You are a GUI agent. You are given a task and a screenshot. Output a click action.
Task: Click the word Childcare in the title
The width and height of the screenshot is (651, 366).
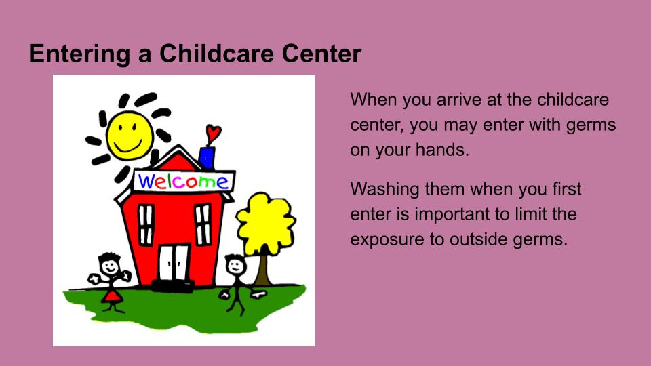click(217, 54)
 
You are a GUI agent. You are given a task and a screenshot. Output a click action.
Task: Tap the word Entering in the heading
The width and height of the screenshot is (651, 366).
click(79, 54)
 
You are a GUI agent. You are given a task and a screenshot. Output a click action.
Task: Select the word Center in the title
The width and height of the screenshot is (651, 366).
click(321, 54)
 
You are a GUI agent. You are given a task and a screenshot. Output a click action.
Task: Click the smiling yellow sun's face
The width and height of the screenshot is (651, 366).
click(129, 135)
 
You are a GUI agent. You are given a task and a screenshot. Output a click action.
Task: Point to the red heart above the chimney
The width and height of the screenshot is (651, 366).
click(214, 134)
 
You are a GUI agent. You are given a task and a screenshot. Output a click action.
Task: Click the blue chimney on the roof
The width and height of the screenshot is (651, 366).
click(207, 158)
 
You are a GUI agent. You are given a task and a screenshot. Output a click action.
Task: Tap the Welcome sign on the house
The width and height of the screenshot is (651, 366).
click(184, 182)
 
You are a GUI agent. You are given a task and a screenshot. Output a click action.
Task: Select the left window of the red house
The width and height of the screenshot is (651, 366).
click(145, 224)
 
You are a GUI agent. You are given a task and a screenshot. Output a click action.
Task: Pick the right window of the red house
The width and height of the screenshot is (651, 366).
click(203, 224)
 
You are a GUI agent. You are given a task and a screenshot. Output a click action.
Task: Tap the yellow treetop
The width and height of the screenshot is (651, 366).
click(266, 224)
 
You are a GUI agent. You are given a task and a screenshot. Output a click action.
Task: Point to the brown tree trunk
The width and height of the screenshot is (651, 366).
click(263, 269)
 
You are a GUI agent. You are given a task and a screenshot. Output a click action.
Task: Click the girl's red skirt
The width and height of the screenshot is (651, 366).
click(112, 297)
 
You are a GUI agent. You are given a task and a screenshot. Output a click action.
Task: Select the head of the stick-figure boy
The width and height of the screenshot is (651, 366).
click(235, 265)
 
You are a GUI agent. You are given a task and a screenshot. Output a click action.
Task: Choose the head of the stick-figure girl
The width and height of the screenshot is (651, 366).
click(110, 264)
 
